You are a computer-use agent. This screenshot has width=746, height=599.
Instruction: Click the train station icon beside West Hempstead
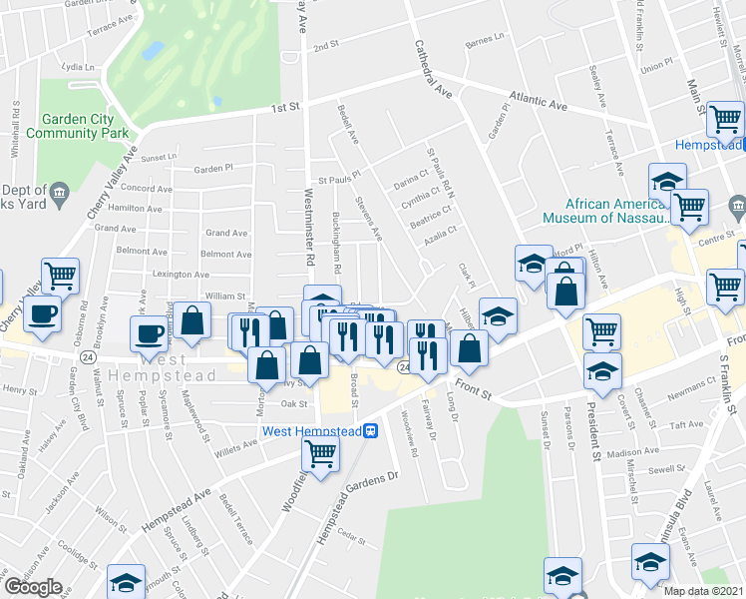pyautogui.click(x=370, y=431)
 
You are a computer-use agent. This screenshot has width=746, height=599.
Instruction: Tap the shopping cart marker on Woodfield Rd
pyautogui.click(x=321, y=454)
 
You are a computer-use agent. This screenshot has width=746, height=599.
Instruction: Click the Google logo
pyautogui.click(x=33, y=587)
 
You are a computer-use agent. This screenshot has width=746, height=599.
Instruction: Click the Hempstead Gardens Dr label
pyautogui.click(x=356, y=510)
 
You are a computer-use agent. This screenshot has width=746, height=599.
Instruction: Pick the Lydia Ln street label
pyautogui.click(x=76, y=67)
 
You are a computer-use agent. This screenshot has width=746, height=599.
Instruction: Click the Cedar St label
pyautogui.click(x=349, y=534)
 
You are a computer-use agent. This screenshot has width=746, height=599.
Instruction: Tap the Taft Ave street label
pyautogui.click(x=686, y=423)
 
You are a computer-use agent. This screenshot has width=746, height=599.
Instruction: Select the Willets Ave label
pyautogui.click(x=236, y=449)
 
